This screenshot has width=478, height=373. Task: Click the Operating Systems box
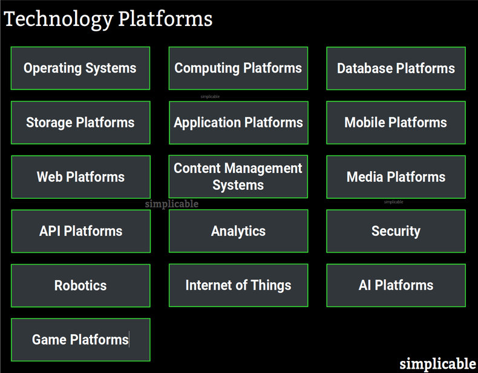(80, 68)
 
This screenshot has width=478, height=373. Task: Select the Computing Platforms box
(238, 68)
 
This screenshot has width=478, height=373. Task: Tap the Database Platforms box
(396, 68)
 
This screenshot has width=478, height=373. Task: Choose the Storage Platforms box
(80, 123)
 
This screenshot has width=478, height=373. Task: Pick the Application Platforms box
(238, 123)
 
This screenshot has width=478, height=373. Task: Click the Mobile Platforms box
(396, 123)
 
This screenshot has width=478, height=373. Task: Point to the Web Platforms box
(80, 177)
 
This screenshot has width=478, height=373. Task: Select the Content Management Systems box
(238, 177)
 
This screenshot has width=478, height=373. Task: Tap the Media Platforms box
(396, 177)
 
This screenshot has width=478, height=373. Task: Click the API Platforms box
(80, 231)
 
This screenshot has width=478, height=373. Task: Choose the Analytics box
(238, 231)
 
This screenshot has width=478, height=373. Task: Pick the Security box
(396, 231)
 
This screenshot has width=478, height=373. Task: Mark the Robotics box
(80, 285)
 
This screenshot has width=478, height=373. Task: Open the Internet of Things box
(238, 285)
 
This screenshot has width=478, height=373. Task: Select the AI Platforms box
(396, 285)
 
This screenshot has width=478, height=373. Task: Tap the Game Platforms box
(80, 340)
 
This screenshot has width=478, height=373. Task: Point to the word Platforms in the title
(165, 19)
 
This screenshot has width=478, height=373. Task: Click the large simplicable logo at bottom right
(437, 363)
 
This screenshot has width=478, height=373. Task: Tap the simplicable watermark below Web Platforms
(171, 204)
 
